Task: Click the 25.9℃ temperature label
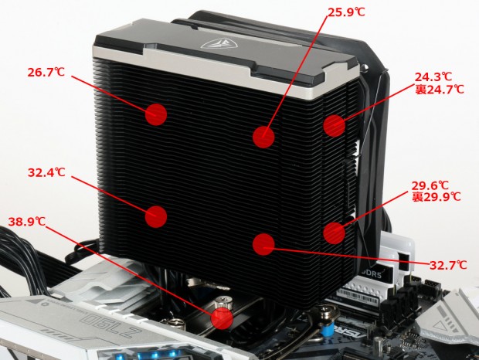click(x=346, y=12)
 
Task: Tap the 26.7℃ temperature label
click(x=46, y=73)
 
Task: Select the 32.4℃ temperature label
click(x=46, y=172)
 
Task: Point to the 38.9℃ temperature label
click(x=27, y=222)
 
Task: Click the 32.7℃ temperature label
click(x=448, y=265)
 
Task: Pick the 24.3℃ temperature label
click(x=433, y=76)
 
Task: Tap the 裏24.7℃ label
click(x=440, y=89)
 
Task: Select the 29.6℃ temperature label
click(x=430, y=185)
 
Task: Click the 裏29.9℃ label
click(x=437, y=197)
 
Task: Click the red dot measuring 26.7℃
click(x=156, y=114)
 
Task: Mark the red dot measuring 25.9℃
click(x=263, y=137)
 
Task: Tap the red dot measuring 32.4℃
click(x=156, y=216)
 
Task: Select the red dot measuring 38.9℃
click(x=222, y=318)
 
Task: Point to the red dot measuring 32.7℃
click(x=263, y=244)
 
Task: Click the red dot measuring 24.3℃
click(x=335, y=125)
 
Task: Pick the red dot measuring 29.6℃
click(x=335, y=233)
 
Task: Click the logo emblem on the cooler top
click(x=216, y=43)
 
